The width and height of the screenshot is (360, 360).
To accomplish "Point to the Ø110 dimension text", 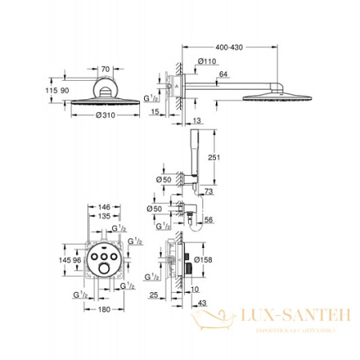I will pyautogui.click(x=210, y=62).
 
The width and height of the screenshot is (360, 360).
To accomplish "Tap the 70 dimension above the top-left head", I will pyautogui.click(x=105, y=70).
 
